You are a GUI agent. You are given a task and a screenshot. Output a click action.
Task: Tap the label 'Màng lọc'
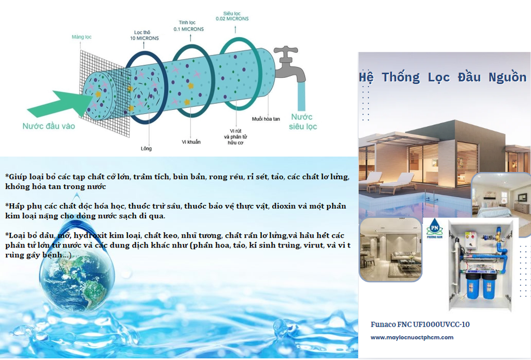pos(81,37)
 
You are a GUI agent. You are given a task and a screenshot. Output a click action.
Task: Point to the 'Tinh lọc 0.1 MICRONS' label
pos(190,26)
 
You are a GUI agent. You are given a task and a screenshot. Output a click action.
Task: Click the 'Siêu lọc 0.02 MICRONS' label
pos(232,16)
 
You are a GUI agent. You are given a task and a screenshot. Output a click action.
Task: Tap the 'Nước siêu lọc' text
pos(303,122)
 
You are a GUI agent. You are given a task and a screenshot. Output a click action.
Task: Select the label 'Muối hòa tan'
pos(265,119)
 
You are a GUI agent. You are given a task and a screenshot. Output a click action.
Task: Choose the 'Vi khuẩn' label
pos(191,142)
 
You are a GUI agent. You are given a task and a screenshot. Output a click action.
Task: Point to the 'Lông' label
pos(146,149)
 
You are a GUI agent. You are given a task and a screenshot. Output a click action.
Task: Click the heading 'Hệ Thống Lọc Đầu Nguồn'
pos(443,78)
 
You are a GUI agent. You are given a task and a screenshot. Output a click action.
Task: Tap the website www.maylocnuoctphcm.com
pos(412,338)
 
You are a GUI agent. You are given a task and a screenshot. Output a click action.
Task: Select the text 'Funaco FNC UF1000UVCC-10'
pos(420,325)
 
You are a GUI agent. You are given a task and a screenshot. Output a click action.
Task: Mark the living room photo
pos(389,249)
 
